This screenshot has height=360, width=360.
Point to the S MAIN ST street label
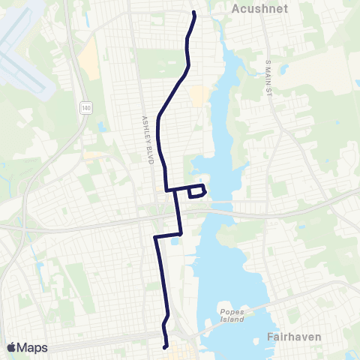tap(267, 78)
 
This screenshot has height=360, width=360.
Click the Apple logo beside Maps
tap(11, 347)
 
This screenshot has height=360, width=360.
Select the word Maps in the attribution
tap(33, 347)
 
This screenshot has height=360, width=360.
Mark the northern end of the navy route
tap(194, 13)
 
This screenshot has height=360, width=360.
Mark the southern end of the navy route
tap(165, 346)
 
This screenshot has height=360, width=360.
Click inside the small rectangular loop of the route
tap(196, 192)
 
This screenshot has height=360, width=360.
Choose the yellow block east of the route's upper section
tap(199, 96)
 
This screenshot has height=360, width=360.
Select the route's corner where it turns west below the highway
tap(154, 237)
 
